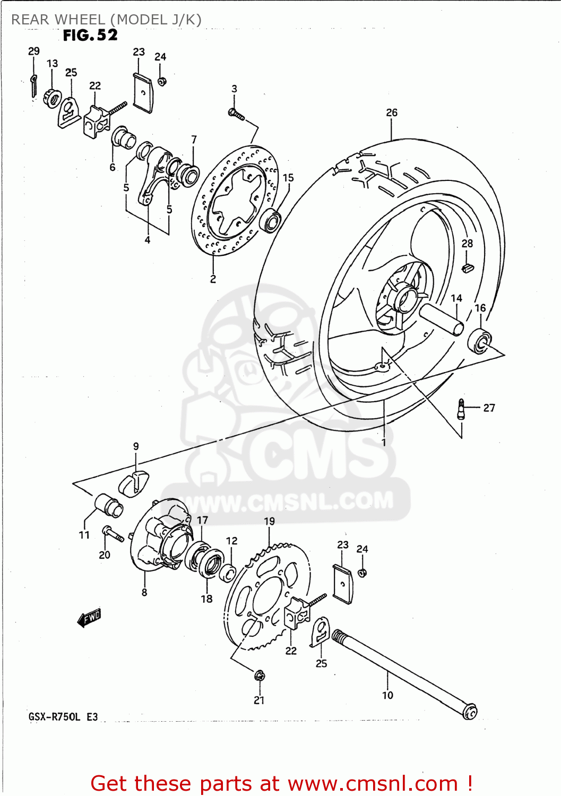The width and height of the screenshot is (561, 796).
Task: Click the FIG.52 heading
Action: click(90, 35)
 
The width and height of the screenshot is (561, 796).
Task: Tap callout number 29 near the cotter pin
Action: click(33, 51)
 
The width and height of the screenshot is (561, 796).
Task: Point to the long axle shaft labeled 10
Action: click(403, 674)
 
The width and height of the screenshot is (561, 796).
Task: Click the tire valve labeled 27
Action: click(461, 409)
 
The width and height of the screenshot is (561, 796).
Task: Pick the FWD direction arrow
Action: click(89, 618)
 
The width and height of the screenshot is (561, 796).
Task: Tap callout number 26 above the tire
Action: click(392, 113)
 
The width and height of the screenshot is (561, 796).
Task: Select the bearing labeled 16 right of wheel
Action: click(480, 340)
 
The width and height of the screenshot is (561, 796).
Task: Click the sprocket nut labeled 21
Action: click(259, 676)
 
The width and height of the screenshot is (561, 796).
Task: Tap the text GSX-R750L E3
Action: click(63, 717)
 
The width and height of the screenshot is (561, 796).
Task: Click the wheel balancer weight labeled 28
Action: click(467, 267)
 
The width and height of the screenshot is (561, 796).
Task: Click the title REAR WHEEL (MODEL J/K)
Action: click(106, 20)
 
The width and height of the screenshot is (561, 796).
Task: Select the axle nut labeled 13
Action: click(53, 98)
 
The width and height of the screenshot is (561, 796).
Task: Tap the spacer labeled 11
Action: click(109, 505)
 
